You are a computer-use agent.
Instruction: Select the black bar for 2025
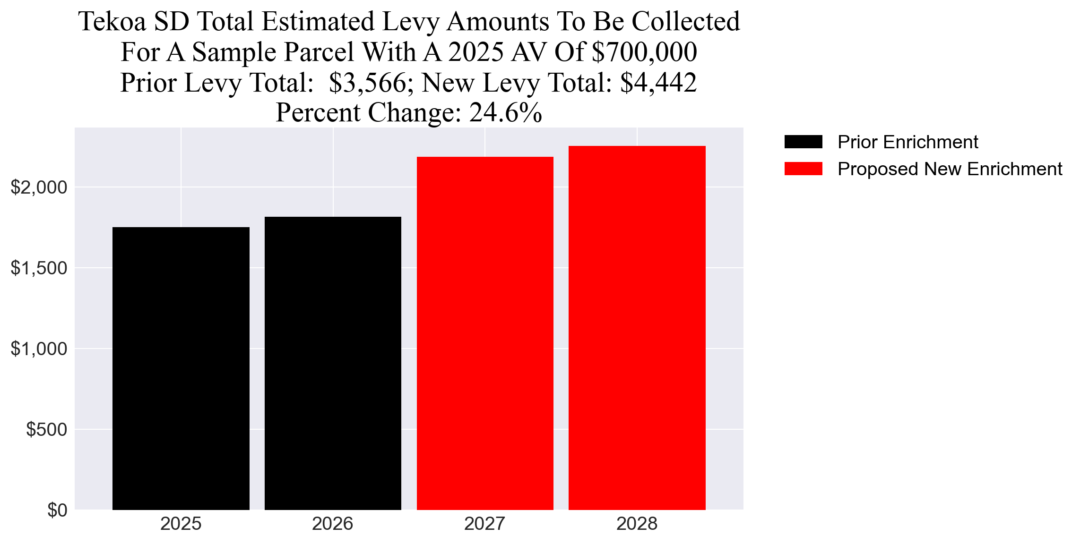pos(181,368)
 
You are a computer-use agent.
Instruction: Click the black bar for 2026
pos(333,363)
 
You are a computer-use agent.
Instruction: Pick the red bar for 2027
pos(485,333)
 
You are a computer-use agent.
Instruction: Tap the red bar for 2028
pos(637,328)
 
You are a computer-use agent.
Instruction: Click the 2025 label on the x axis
pos(181,524)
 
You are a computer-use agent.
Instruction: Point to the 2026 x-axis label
pos(333,524)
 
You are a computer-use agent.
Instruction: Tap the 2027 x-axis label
pos(485,524)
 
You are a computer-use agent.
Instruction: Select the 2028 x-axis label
pos(637,524)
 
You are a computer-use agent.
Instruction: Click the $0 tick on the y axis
pos(57,510)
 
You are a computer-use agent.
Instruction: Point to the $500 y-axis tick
pos(47,429)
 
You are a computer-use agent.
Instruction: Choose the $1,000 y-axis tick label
pos(39,348)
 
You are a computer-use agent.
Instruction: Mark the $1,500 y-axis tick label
pos(39,268)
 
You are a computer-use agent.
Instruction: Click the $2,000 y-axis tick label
pos(39,187)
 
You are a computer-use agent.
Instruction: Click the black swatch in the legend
pos(803,142)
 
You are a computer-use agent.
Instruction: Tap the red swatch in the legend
pos(803,169)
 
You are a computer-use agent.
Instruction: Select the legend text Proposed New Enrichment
pos(950,169)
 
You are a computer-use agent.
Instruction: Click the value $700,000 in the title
pos(644,52)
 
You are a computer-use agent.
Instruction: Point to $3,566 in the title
pos(367,83)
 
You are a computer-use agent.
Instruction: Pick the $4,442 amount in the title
pos(658,83)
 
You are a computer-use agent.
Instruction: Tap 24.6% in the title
pos(505,113)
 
